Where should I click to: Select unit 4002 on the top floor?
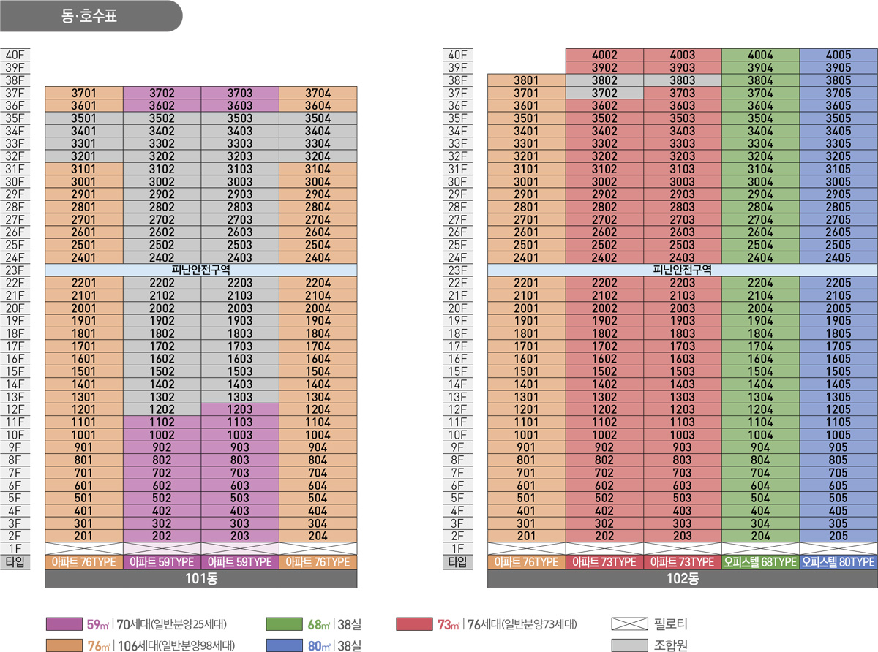[604, 55]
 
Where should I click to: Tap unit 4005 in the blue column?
[838, 55]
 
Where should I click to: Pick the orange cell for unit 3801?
[526, 80]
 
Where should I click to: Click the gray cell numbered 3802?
[604, 80]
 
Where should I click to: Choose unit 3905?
[838, 67]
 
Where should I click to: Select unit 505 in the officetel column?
[838, 499]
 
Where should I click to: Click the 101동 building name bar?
[201, 580]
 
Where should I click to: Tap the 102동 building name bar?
[681, 580]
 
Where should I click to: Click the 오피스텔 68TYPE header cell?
[760, 562]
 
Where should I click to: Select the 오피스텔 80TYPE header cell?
[838, 562]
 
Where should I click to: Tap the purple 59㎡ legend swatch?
[64, 624]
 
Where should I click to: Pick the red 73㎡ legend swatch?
[413, 624]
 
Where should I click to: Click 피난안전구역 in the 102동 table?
[681, 270]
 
